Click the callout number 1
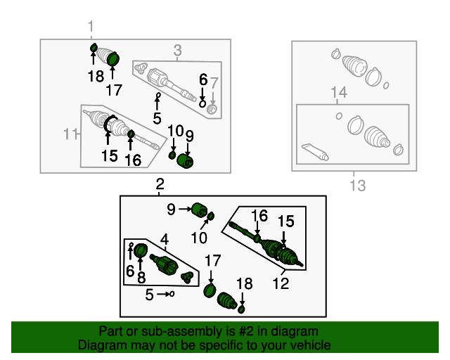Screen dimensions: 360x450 (x=91, y=27)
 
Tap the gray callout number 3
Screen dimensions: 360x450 (x=178, y=50)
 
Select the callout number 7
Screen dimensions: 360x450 (x=215, y=82)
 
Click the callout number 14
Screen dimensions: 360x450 (x=340, y=93)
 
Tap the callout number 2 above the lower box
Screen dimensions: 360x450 (x=160, y=185)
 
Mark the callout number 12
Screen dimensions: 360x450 (x=281, y=283)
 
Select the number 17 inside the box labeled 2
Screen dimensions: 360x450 (x=212, y=262)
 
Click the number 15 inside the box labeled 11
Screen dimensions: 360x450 (x=109, y=155)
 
